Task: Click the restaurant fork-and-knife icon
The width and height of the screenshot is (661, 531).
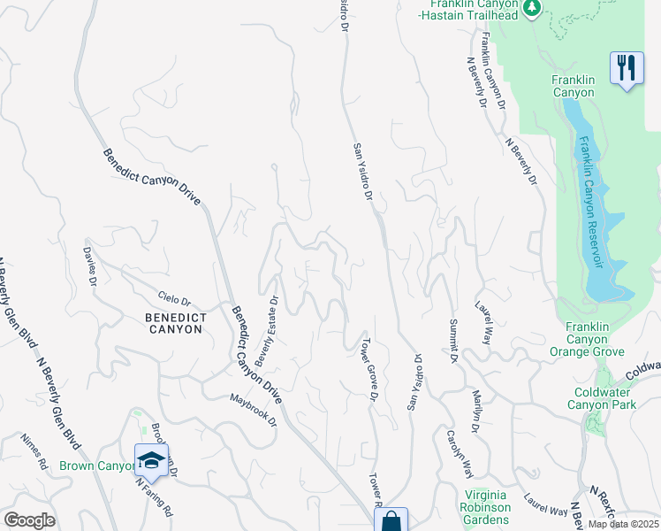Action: (x=626, y=67)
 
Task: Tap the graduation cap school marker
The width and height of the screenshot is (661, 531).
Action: (x=151, y=460)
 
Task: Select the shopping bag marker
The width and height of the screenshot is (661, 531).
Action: (x=390, y=520)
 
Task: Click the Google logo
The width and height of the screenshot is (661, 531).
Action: (x=29, y=520)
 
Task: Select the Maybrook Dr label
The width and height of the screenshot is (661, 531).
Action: (x=253, y=409)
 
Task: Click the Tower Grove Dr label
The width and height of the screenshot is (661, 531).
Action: (x=369, y=369)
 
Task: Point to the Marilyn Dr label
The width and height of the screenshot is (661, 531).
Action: (x=477, y=410)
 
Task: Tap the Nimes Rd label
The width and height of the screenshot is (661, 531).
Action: (x=34, y=450)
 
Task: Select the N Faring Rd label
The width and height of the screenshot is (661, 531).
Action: (x=154, y=497)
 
